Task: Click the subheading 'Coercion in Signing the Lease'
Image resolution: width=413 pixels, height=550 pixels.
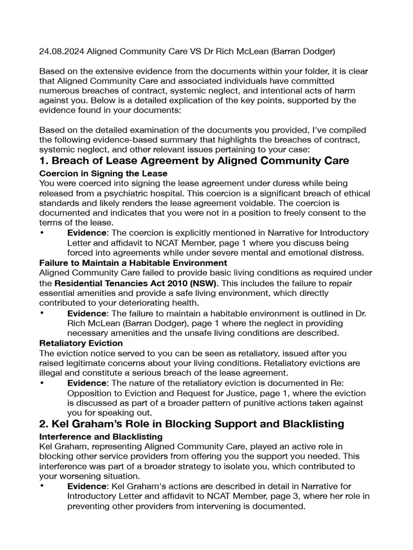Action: pyautogui.click(x=104, y=173)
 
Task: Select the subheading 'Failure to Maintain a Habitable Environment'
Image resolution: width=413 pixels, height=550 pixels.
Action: pyautogui.click(x=133, y=263)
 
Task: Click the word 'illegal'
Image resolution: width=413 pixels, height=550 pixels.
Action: pyautogui.click(x=52, y=372)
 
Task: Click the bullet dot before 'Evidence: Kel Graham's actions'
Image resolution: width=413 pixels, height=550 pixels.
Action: pyautogui.click(x=42, y=486)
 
